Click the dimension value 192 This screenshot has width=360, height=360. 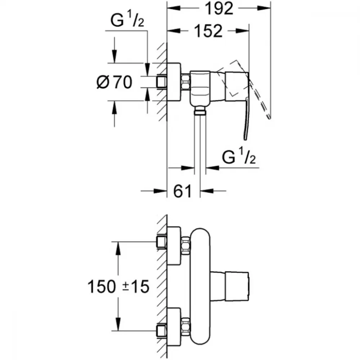point(219,9)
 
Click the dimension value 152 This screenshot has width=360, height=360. point(208,31)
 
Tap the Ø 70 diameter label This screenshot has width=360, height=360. point(114,82)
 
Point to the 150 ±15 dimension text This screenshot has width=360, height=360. point(118,287)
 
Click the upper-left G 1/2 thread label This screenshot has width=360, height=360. point(127,20)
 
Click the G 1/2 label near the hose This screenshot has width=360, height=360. point(239,156)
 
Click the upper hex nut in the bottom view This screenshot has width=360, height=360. point(185,245)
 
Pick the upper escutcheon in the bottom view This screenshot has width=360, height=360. point(174,246)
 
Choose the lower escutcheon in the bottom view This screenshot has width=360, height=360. point(174,327)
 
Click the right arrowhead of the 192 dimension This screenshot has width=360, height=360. point(264,8)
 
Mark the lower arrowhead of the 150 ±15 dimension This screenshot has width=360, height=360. point(118,324)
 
